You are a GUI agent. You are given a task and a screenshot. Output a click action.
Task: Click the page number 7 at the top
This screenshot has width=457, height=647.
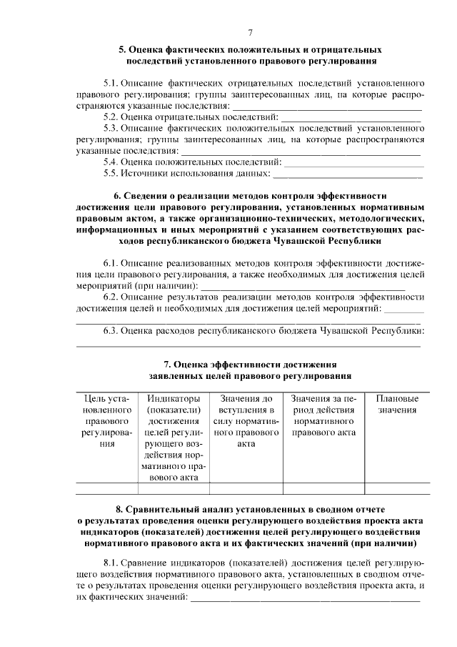point(250,32)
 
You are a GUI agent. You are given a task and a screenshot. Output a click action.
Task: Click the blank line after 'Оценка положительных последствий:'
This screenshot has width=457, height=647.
point(354,163)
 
